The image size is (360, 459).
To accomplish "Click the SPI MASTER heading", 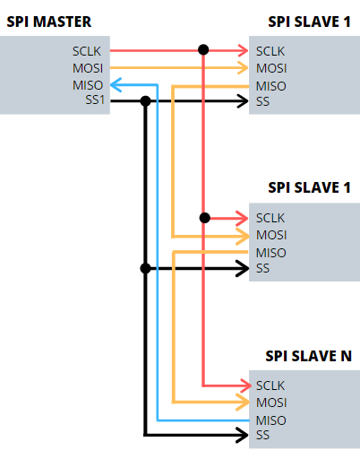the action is coord(49,22).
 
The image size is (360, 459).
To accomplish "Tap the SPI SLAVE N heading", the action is coord(309,356).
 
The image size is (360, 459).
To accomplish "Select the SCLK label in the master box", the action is coord(87,51).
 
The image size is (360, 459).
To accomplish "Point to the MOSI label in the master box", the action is coord(88,68).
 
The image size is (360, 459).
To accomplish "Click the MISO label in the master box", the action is coord(88,85).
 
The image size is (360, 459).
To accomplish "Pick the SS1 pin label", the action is coord(95,100).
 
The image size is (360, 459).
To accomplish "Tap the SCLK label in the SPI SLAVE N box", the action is coord(270,385).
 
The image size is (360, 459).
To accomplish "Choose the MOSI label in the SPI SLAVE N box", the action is coord(271,403).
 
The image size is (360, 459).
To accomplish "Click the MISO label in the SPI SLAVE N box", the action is coord(271,420).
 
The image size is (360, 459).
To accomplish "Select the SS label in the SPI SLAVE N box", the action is coord(262,435).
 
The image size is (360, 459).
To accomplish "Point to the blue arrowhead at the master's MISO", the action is coord(116,85).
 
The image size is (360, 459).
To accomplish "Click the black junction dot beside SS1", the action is coord(145,101).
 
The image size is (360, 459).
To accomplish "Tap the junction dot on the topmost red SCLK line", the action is coord(203,49).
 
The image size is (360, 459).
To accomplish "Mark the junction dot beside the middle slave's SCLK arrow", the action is coord(204,218).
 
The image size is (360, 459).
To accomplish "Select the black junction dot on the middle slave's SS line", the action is coord(145,268).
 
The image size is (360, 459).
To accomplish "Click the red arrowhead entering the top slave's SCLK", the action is coord(243,50).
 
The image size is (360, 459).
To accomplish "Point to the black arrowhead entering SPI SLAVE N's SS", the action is coord(242,435).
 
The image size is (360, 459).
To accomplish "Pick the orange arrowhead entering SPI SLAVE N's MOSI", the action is coord(243,403).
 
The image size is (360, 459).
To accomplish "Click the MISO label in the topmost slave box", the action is coord(271,86).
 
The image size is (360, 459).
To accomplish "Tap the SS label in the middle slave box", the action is coord(262,268).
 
